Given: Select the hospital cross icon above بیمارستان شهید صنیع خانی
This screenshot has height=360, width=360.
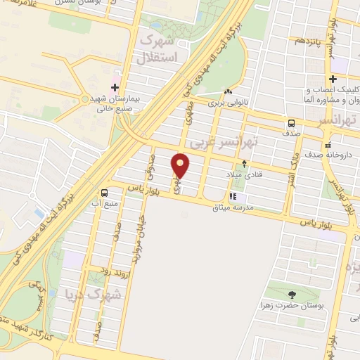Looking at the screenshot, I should [115, 87].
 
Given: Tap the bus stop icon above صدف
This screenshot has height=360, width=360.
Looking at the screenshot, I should [291, 122].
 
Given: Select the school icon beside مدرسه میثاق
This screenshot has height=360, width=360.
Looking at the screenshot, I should [231, 197].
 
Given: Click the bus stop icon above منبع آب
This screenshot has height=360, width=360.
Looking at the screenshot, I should [105, 193].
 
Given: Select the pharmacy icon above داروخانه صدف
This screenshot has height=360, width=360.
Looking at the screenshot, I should [330, 143].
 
